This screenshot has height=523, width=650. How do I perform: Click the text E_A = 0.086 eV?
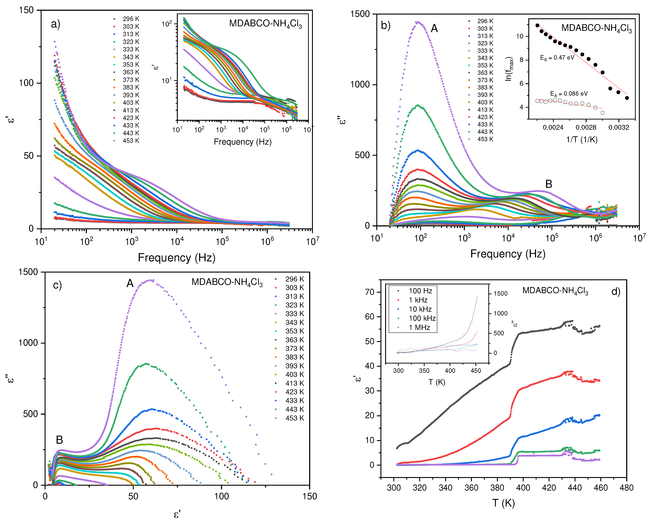click(569, 94)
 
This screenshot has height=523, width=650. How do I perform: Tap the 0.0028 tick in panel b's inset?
click(586, 127)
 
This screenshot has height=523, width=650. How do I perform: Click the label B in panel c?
click(59, 440)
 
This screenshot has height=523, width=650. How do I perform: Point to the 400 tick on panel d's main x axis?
click(523, 488)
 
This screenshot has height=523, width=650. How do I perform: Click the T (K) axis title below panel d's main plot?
click(503, 503)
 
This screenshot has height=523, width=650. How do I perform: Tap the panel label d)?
click(616, 292)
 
